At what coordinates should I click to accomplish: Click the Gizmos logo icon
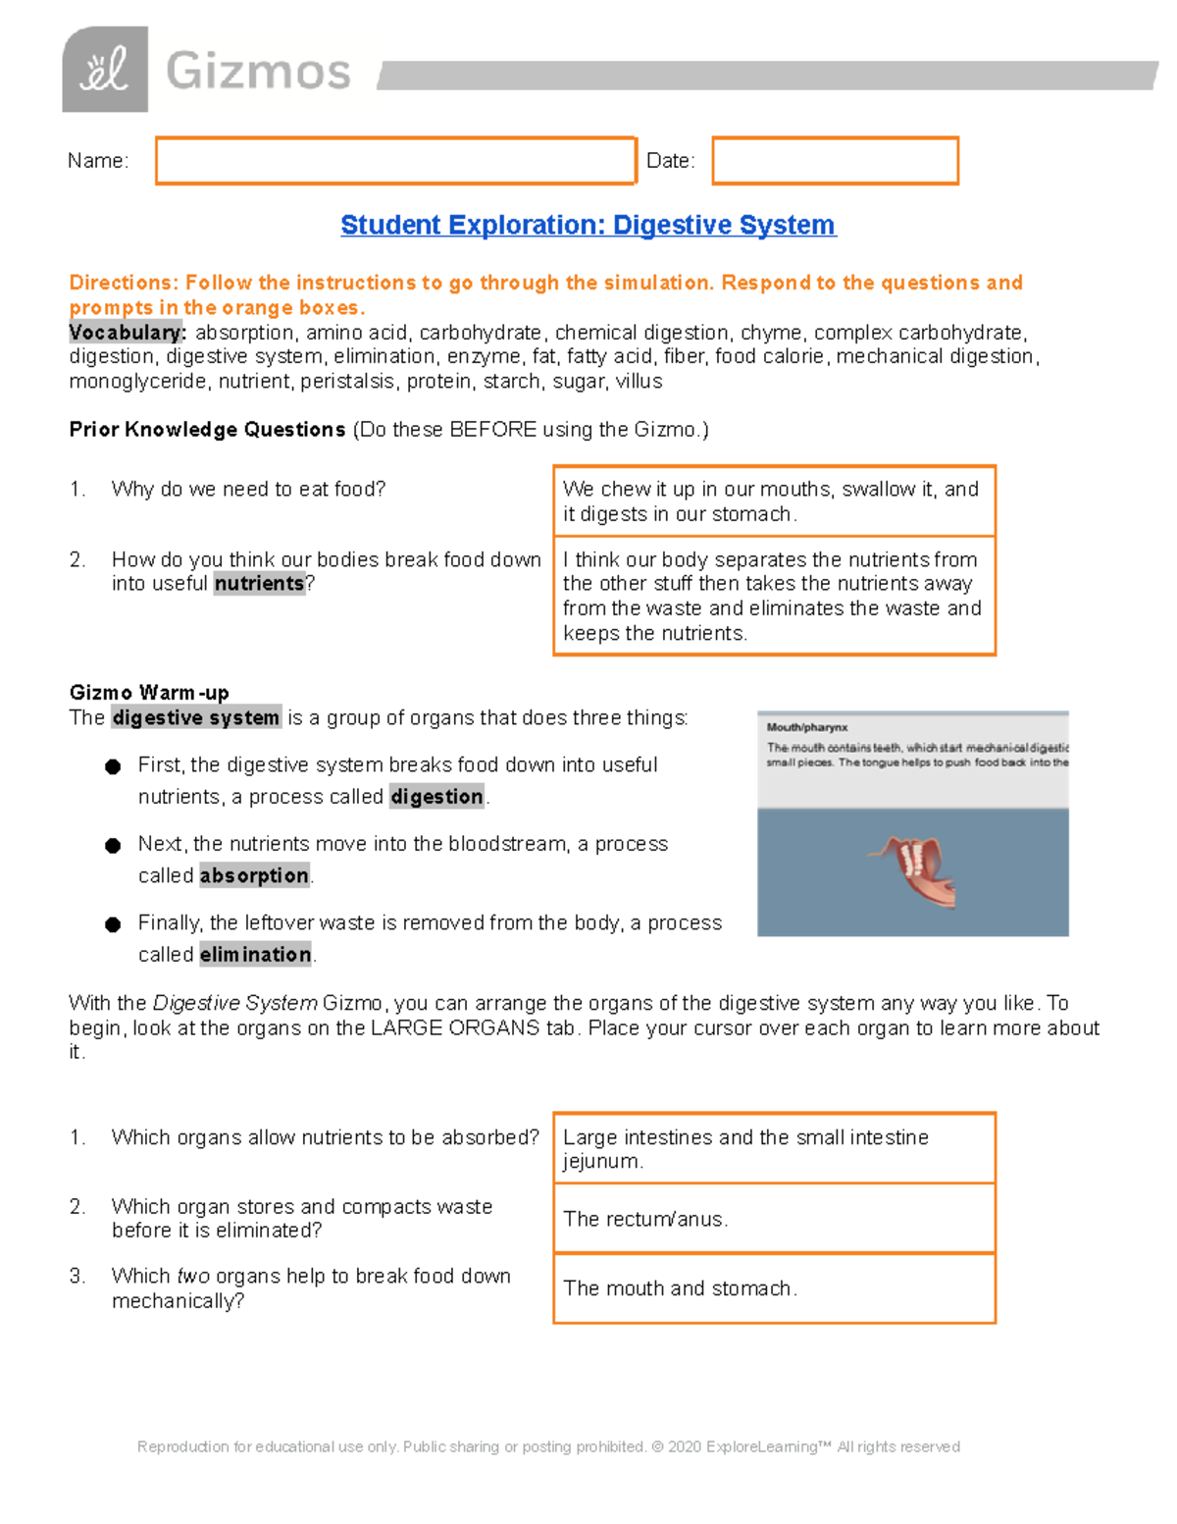click(x=105, y=70)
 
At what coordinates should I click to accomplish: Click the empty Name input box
click(x=395, y=161)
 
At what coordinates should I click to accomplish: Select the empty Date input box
click(x=835, y=161)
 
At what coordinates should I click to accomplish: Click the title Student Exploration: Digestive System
click(x=588, y=225)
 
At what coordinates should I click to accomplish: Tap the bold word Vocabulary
click(x=127, y=333)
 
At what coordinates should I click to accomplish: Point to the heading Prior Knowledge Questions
click(x=207, y=430)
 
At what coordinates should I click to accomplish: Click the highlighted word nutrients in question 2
click(x=260, y=584)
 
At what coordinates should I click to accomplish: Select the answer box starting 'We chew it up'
click(x=774, y=501)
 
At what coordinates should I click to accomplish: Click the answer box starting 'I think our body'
click(x=774, y=596)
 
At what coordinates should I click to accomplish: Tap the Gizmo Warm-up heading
click(x=149, y=693)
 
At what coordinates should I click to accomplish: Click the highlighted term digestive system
click(x=196, y=718)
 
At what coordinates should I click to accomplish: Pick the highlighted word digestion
click(x=436, y=797)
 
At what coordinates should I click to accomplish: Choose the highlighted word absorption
click(x=254, y=875)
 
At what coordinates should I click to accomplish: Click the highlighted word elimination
click(x=255, y=954)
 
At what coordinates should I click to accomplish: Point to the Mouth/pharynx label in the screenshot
click(x=807, y=727)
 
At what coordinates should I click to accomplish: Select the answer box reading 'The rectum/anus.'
click(x=774, y=1219)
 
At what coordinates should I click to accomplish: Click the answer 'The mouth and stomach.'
click(x=774, y=1288)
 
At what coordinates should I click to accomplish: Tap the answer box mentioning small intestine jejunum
click(x=774, y=1148)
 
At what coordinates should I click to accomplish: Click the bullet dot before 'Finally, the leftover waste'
click(x=113, y=924)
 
